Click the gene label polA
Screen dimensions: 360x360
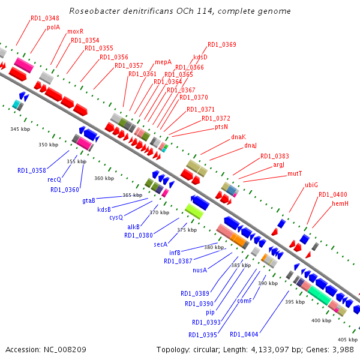coord(53,27)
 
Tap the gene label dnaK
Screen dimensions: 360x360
coord(239,137)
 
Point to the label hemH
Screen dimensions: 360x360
coord(340,204)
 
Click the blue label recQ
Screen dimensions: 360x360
coord(55,179)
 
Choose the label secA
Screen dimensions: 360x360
coord(160,244)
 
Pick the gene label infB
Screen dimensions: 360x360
coord(175,253)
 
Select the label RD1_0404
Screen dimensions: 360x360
coord(244,334)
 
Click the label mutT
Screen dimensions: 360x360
coord(295,174)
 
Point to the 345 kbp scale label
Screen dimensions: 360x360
coord(20,129)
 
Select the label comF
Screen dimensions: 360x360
coord(244,301)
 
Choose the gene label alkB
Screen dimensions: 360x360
coord(133,227)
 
